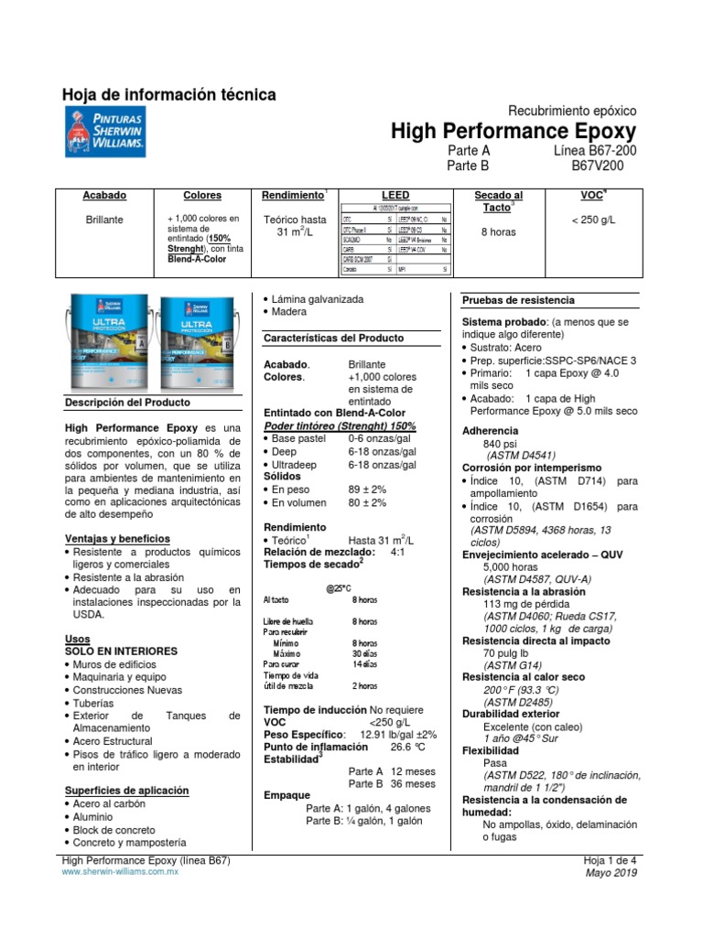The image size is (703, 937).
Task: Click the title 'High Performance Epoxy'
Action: click(513, 131)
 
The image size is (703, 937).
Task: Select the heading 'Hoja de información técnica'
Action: click(168, 94)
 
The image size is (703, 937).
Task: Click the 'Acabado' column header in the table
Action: click(105, 196)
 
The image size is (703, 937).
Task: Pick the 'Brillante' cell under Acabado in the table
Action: click(104, 220)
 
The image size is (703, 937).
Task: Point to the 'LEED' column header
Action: click(395, 196)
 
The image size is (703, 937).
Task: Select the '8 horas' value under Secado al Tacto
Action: click(498, 232)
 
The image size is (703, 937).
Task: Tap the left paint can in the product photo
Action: click(111, 339)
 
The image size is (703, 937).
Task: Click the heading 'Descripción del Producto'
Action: click(127, 403)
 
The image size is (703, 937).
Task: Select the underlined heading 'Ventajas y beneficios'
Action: click(118, 539)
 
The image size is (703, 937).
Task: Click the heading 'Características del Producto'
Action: click(333, 338)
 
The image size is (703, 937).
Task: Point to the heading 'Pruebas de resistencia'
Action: click(518, 300)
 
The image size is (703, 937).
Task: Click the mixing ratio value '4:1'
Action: click(398, 552)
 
